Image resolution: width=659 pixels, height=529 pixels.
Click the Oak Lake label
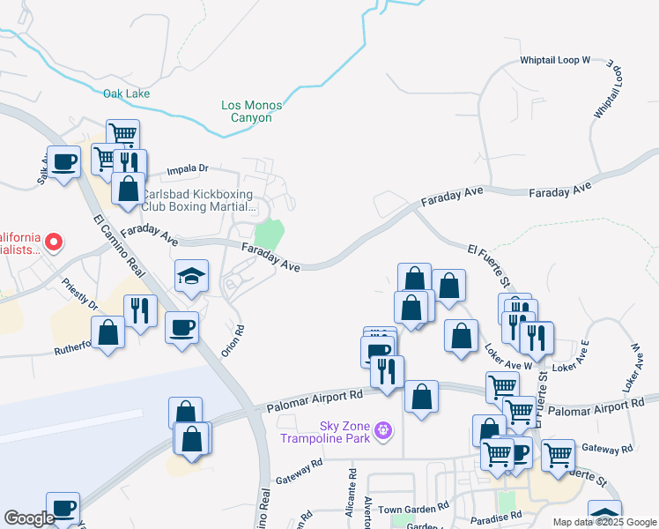coord(126,93)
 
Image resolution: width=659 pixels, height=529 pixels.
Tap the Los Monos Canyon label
coord(251,111)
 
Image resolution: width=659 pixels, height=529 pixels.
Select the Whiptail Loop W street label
coord(554,60)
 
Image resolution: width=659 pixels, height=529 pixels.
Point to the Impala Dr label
coord(189,168)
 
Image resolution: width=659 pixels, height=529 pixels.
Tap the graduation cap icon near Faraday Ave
coord(191,276)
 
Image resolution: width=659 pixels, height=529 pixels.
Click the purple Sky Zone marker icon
coord(382,431)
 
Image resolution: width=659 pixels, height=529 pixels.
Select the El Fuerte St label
coord(490,266)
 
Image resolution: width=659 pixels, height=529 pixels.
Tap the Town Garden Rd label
coord(414,509)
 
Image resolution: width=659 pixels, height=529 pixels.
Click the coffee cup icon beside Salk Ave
coord(63,162)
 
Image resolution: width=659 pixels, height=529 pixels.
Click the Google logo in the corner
coord(29,518)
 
